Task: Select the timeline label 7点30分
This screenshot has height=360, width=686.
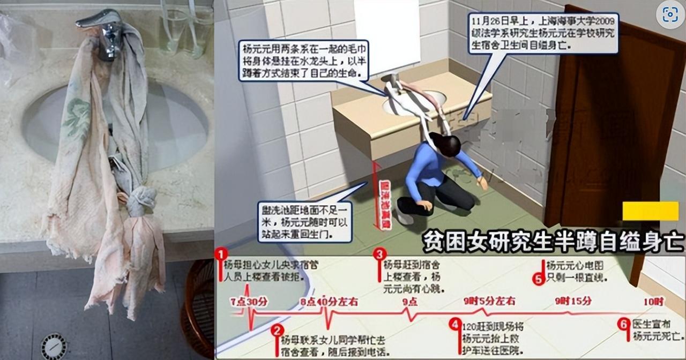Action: pyautogui.click(x=248, y=301)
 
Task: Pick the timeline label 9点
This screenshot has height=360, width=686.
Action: pyautogui.click(x=410, y=301)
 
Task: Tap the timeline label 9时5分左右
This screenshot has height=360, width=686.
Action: pyautogui.click(x=489, y=301)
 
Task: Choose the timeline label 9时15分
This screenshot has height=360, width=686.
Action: pyautogui.click(x=573, y=301)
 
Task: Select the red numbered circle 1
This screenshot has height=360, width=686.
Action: pyautogui.click(x=221, y=253)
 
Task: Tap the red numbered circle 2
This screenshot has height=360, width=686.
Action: pyautogui.click(x=277, y=330)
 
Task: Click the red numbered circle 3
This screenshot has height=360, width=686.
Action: pyautogui.click(x=379, y=253)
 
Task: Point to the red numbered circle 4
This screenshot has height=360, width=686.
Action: pyautogui.click(x=455, y=324)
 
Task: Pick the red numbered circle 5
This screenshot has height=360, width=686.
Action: pyautogui.click(x=539, y=278)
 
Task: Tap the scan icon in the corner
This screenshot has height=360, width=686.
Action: pyautogui.click(x=670, y=15)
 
